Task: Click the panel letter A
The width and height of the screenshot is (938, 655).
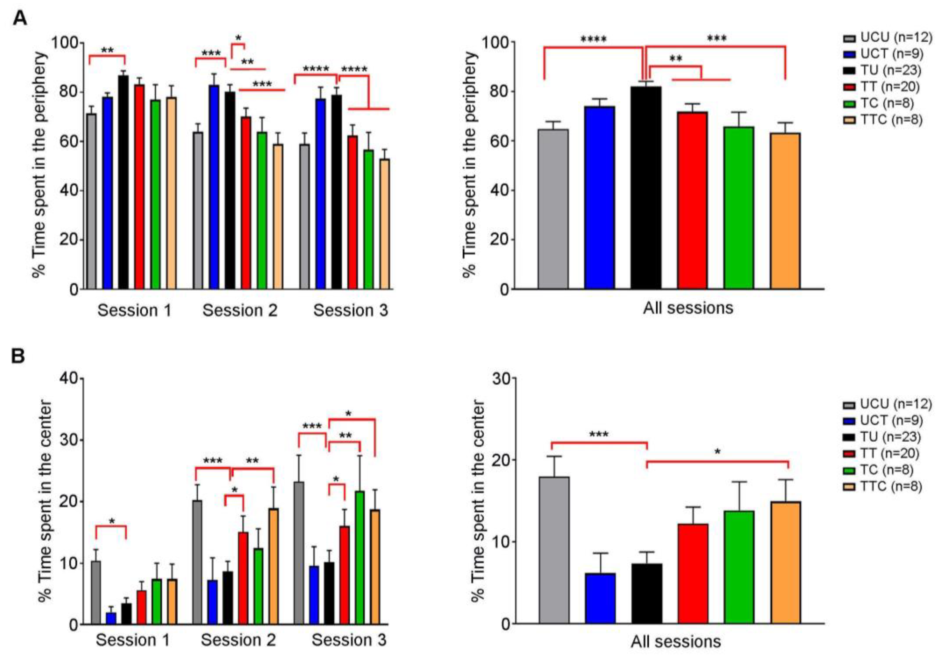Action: [x=20, y=18]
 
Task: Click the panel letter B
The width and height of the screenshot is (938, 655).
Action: [x=18, y=356]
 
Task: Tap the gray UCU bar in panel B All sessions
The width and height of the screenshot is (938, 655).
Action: [x=554, y=549]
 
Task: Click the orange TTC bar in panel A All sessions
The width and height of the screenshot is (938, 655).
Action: [x=785, y=211]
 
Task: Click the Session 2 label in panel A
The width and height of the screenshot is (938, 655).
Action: [x=240, y=310]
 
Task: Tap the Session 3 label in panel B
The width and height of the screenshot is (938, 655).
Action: [x=349, y=640]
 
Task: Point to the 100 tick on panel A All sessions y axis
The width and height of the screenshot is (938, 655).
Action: [x=495, y=43]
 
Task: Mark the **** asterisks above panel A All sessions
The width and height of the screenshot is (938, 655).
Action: [x=593, y=40]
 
